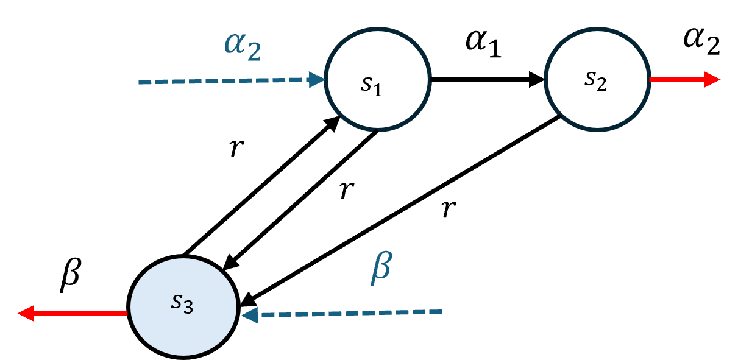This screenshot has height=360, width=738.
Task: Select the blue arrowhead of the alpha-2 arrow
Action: coord(316,80)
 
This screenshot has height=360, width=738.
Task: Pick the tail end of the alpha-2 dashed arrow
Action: coord(140,82)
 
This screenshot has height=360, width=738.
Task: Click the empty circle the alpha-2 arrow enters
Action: coord(378,79)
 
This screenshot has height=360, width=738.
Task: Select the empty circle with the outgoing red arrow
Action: coord(597,79)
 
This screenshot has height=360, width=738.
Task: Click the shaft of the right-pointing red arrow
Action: coord(676,79)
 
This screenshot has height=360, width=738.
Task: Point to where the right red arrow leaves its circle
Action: coord(650,79)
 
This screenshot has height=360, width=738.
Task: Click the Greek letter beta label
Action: coord(381,268)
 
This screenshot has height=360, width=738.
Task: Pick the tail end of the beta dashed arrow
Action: coord(440,312)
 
